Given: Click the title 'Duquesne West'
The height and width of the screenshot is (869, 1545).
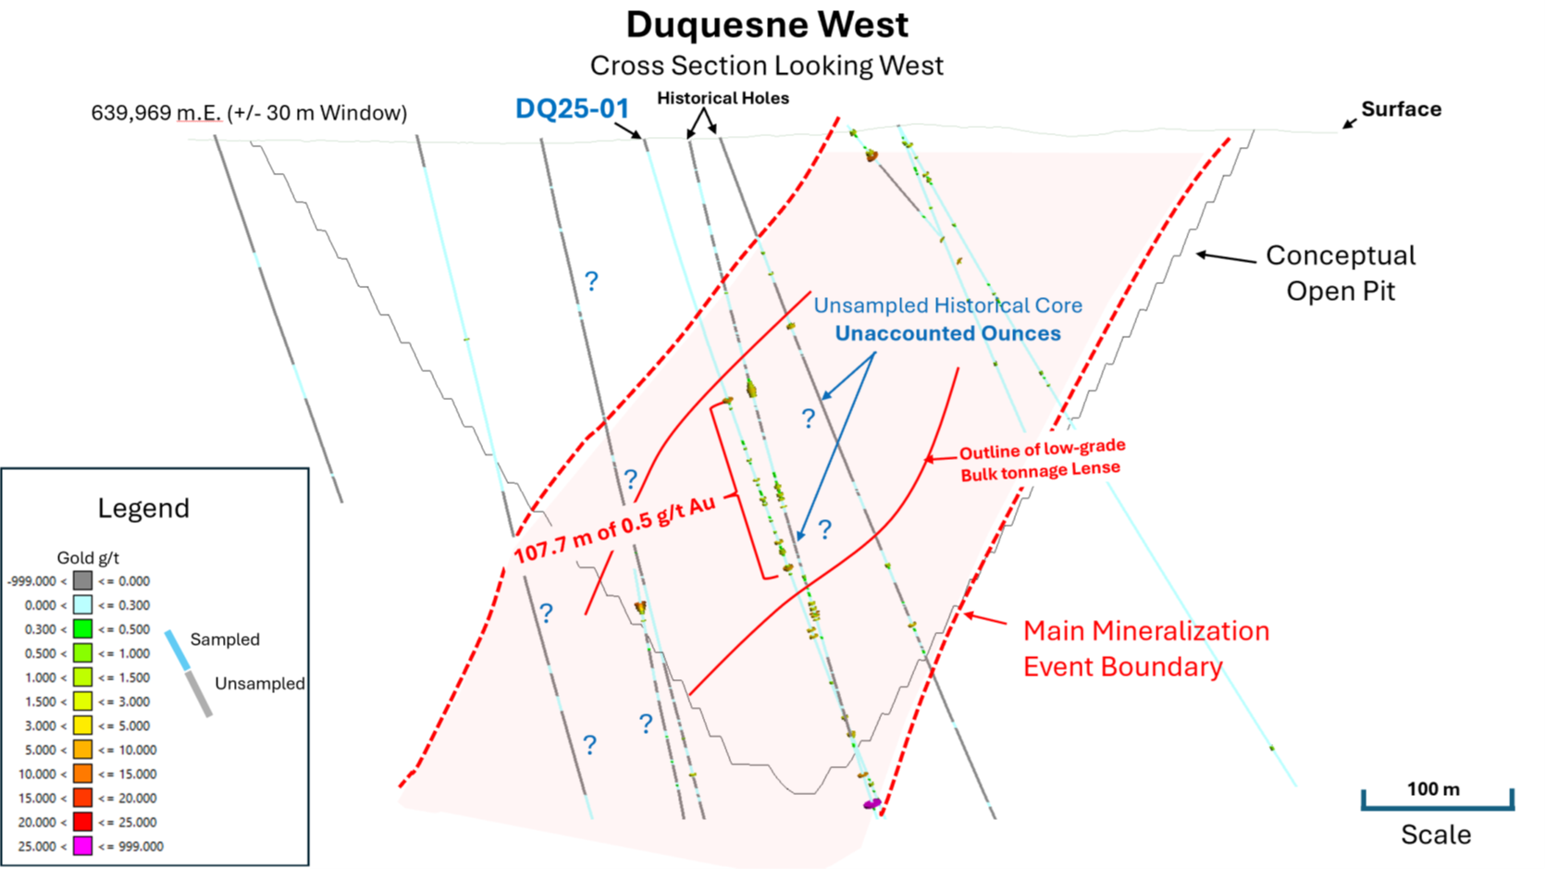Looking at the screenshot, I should point(767,25).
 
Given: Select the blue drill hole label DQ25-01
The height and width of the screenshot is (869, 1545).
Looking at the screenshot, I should point(572,109).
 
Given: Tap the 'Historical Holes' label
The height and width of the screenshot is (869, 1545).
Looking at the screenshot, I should point(723,98).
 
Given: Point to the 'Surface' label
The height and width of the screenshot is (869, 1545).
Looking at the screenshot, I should point(1401,109).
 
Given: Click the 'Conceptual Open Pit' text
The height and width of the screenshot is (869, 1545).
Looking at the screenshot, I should point(1341,273).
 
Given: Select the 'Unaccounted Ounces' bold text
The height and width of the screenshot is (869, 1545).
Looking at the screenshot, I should point(947,333).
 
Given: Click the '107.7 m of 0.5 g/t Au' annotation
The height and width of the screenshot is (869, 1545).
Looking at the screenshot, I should point(615,528).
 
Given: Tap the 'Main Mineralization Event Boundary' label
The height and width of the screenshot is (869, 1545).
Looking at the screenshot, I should point(1145,648).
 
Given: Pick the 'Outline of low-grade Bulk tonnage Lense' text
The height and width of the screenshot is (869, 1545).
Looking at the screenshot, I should point(1041,460).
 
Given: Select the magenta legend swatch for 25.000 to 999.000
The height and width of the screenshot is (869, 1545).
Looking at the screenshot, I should point(83,846).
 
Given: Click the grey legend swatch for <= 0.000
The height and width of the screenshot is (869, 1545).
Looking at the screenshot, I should point(83,581).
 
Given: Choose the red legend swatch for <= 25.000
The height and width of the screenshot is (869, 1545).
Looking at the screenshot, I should point(83,822).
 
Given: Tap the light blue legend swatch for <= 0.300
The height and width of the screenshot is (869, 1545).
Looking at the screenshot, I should point(83,605).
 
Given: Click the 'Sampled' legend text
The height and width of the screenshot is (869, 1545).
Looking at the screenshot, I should point(225,639).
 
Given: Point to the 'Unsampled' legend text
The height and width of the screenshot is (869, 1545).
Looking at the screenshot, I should point(259,684).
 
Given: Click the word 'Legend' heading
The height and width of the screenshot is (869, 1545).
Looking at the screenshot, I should point(143,508).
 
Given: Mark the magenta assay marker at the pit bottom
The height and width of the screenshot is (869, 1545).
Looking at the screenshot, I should point(871,804).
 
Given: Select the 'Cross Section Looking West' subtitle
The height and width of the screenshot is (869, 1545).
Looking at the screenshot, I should point(767,66).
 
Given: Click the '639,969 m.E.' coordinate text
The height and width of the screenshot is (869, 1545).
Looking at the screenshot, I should point(155,113).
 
